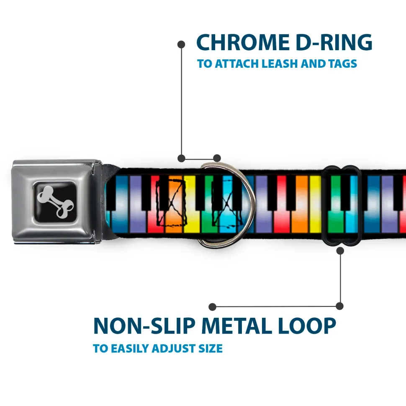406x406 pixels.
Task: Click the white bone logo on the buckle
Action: click(55, 202)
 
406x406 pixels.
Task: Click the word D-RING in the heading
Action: click(334, 43)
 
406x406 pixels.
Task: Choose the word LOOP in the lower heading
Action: click(307, 326)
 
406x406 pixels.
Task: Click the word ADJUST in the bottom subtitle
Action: click(173, 348)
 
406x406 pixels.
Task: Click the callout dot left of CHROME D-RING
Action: click(181, 44)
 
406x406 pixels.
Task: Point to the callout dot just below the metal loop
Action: click(340, 250)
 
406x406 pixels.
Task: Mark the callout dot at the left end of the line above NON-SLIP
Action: click(212, 307)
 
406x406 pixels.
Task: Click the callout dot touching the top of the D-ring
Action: click(217, 158)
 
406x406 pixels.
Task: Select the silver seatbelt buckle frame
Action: click(57, 202)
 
